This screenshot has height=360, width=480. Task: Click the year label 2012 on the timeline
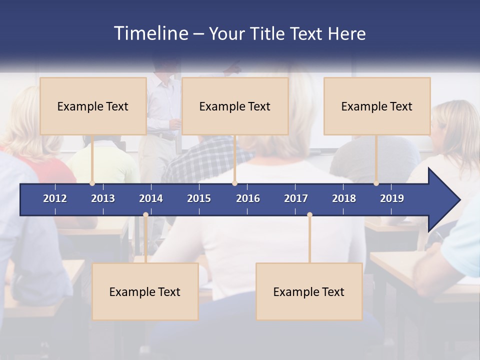[55, 198]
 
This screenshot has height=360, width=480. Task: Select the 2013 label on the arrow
[103, 198]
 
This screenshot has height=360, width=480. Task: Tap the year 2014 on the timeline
[151, 198]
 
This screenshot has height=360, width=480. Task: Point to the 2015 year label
[199, 198]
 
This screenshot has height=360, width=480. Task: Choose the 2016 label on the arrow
[248, 198]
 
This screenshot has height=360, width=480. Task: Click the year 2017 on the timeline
[296, 198]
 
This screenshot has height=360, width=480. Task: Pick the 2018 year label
[344, 198]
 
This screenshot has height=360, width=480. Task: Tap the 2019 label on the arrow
[392, 198]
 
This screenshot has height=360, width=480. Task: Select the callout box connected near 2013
[93, 106]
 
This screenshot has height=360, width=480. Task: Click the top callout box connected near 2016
[235, 106]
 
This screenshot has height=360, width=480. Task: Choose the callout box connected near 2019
[377, 106]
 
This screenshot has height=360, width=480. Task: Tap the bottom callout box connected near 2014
[145, 291]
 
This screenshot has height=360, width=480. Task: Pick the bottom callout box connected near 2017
[309, 291]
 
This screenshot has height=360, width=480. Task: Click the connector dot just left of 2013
[92, 183]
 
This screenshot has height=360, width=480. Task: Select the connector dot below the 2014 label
[145, 215]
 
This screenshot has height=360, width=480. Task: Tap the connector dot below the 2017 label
[309, 215]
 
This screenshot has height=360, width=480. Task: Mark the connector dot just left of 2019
[376, 183]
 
